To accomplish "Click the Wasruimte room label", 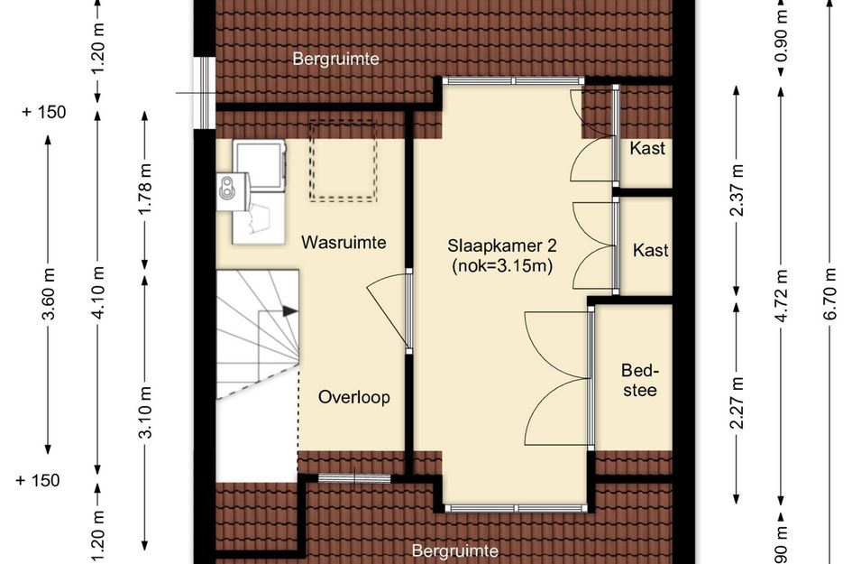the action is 344,242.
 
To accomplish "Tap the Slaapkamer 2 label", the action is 501,245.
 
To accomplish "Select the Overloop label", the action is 353,397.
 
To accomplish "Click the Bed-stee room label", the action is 639,380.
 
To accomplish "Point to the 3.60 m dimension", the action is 49,294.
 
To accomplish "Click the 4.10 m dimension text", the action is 97,293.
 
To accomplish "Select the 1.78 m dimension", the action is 145,189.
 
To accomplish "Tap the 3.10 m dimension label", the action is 145,411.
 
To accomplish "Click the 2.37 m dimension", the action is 737,190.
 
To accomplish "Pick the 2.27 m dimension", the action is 737,402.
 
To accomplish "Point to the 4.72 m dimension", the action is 782,295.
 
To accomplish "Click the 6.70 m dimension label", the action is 829,293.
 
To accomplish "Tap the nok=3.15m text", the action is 502,266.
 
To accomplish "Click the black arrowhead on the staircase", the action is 290,311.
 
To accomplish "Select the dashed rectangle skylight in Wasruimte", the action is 343,161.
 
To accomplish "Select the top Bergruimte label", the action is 335,59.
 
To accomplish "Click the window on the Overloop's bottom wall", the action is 354,478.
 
